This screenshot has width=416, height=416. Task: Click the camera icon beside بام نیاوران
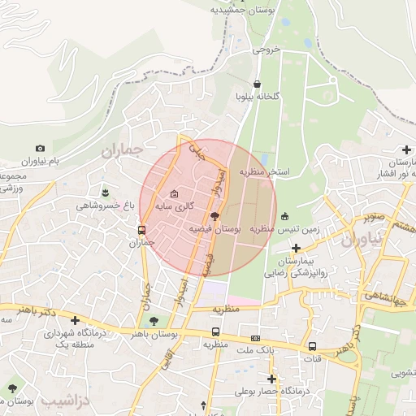41,148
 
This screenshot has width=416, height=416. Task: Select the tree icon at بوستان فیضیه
214,216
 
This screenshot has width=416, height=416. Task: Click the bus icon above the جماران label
142,230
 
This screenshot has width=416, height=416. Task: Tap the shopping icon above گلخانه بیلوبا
258,84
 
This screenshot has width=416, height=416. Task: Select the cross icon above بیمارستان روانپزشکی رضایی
297,247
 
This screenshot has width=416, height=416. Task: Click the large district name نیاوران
360,241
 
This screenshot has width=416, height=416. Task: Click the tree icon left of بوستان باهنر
154,322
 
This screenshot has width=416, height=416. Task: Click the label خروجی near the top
265,49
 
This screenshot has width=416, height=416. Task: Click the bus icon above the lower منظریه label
215,331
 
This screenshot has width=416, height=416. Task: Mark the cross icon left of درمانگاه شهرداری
76,320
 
